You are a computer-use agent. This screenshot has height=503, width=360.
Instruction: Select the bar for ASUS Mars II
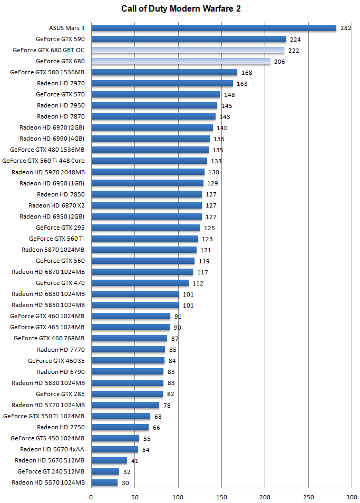click(213, 28)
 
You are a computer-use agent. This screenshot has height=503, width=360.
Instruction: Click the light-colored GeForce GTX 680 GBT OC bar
click(188, 50)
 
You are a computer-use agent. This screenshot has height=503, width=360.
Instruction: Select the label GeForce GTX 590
click(60, 39)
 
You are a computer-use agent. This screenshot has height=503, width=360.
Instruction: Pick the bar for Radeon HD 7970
click(162, 83)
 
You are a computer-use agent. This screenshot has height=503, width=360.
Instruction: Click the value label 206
click(280, 62)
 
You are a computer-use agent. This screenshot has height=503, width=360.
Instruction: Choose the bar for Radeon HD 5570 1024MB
click(104, 482)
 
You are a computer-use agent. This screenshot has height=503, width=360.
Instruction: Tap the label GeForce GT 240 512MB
click(51, 471)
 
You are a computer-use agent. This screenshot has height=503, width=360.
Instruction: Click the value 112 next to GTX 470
click(198, 283)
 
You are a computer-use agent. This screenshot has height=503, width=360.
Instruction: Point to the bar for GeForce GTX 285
click(127, 394)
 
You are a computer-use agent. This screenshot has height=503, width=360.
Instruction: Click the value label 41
click(135, 461)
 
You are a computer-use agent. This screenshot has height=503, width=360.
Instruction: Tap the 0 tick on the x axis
click(91, 497)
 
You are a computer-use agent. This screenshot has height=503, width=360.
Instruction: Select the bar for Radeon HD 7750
click(120, 427)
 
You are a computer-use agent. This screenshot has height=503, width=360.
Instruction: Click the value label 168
click(247, 73)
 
